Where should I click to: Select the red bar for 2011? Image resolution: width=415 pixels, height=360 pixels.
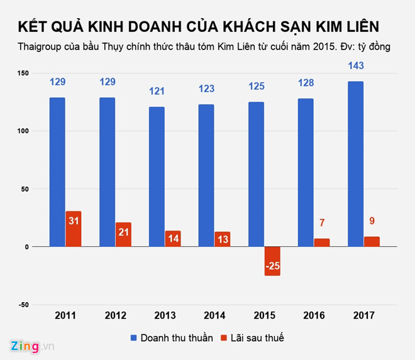74,229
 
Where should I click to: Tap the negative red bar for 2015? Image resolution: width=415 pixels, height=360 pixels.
272,261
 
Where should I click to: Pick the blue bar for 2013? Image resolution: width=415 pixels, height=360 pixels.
157,177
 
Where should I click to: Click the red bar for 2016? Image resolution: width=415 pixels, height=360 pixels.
321,243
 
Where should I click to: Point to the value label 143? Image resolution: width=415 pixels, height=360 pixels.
355,66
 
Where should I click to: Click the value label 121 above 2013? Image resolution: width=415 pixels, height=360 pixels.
157,92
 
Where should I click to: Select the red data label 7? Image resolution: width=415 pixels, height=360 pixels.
321,222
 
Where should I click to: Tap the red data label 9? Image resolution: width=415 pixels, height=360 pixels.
371,221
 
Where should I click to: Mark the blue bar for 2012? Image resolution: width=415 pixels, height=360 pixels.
107,172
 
